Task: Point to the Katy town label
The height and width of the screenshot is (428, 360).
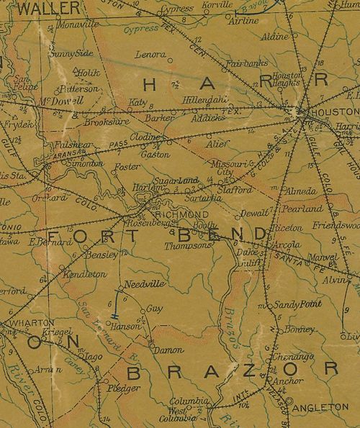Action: click(x=137, y=103)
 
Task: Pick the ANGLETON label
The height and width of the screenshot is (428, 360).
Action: click(x=322, y=406)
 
